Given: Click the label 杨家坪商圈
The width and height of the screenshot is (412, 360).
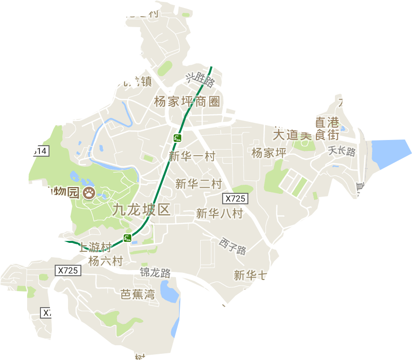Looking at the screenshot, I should pyautogui.click(x=187, y=101).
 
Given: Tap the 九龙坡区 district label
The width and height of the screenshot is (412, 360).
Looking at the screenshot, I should pyautogui.click(x=141, y=210).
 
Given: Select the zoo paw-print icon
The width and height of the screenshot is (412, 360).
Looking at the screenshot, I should pyautogui.click(x=88, y=193).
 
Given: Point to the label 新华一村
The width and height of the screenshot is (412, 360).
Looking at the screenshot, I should pyautogui.click(x=192, y=156).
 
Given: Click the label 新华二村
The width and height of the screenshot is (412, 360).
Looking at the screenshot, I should pyautogui.click(x=198, y=184).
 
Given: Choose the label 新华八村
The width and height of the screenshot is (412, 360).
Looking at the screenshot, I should pyautogui.click(x=219, y=214).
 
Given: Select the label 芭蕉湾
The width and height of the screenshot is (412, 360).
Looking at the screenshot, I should pyautogui.click(x=137, y=294).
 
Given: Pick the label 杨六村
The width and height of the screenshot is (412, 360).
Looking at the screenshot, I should pyautogui.click(x=106, y=261).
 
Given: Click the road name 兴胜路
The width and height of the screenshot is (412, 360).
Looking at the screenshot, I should pyautogui.click(x=200, y=79).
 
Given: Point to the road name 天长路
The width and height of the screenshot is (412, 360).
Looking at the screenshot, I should pyautogui.click(x=342, y=152).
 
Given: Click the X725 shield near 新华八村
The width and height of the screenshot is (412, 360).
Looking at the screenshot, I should pyautogui.click(x=235, y=198).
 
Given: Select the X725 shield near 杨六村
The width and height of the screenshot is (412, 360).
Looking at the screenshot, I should pyautogui.click(x=69, y=270).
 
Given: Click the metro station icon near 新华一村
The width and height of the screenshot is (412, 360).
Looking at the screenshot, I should pyautogui.click(x=177, y=138).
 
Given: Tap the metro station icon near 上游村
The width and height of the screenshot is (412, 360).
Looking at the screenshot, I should pyautogui.click(x=127, y=238).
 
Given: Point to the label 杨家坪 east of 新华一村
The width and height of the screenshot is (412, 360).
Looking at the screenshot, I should pyautogui.click(x=269, y=153).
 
